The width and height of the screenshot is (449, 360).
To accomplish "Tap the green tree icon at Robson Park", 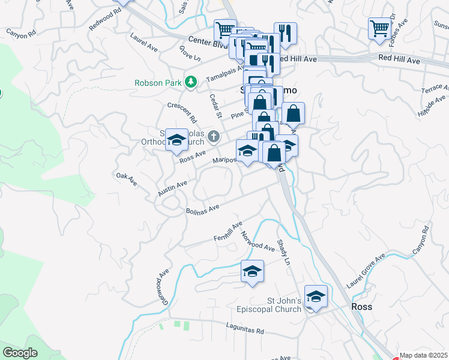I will coord(191,82).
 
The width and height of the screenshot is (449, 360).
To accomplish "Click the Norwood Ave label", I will coord(258,241).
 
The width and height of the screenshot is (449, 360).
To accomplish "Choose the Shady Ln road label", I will coord(283,254).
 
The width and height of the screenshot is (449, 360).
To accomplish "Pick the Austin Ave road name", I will coord(173,188).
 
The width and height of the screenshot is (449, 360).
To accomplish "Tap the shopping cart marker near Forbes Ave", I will coord(379,28).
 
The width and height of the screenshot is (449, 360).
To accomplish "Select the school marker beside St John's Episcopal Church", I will coord(315,296).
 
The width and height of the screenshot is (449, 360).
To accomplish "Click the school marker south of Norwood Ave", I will coord(253,271).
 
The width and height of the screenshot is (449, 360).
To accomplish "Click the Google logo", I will coord(20,353).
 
